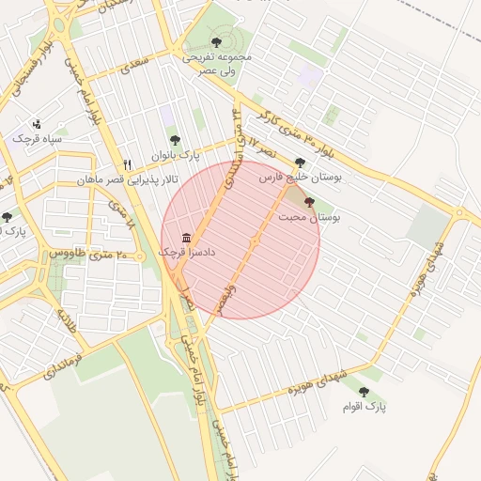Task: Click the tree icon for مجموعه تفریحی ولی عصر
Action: click(x=218, y=42)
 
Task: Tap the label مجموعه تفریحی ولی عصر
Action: click(x=218, y=64)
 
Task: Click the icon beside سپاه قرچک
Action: click(x=37, y=123)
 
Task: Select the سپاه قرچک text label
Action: click(x=37, y=139)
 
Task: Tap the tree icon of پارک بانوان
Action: click(x=174, y=139)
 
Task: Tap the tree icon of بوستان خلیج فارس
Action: click(x=300, y=163)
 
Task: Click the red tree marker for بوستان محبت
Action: click(x=310, y=201)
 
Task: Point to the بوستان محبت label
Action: click(x=310, y=217)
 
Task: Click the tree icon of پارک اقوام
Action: click(x=364, y=392)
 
